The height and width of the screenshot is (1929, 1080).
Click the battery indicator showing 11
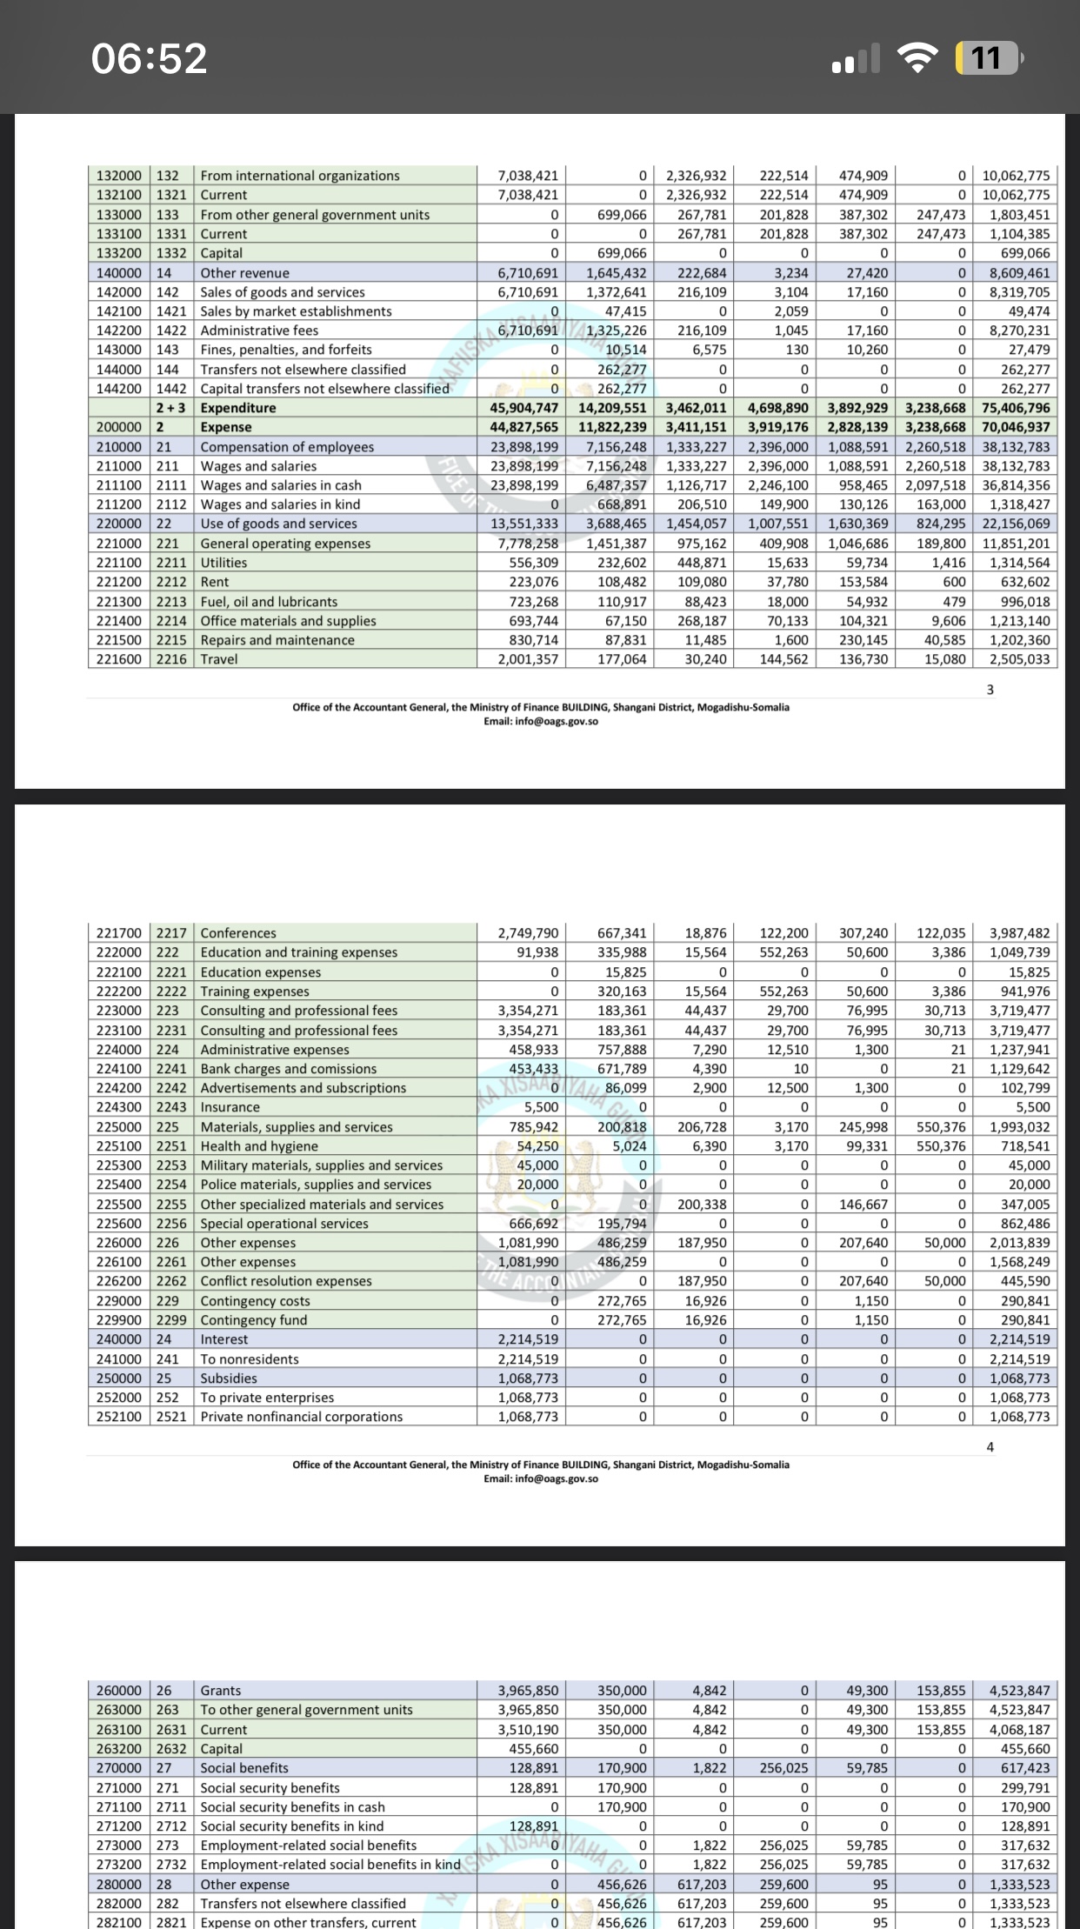[988, 58]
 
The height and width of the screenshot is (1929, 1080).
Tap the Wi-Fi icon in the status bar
[916, 58]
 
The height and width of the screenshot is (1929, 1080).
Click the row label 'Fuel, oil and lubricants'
[269, 601]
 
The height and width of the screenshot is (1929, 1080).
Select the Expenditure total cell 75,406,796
[1016, 408]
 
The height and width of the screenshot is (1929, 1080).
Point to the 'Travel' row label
[219, 659]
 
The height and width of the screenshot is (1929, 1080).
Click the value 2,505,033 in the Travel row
[1019, 659]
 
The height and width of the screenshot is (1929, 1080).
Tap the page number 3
[990, 690]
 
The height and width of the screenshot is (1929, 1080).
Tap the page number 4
[990, 1447]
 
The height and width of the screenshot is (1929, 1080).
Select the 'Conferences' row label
[238, 933]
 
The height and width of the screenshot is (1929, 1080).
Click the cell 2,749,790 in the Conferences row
[528, 933]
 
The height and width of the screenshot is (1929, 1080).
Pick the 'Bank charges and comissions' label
[289, 1069]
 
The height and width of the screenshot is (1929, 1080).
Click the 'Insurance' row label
[230, 1107]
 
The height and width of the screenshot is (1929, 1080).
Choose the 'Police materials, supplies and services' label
[316, 1185]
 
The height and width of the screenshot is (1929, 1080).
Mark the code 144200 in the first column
[119, 389]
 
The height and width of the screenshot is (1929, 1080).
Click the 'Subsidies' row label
[229, 1378]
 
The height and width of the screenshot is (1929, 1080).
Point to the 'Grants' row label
[221, 1691]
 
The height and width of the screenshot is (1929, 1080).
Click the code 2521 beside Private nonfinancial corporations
[171, 1417]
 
